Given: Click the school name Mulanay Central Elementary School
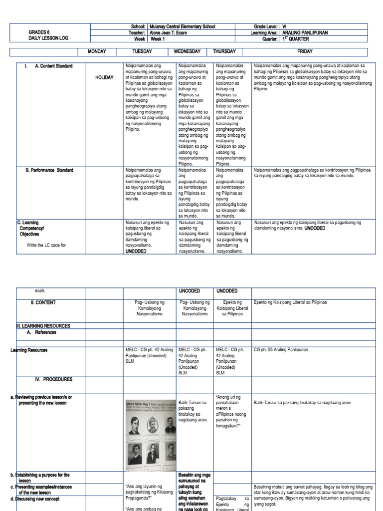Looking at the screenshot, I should click(183, 26).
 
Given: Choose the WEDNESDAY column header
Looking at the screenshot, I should click(187, 51).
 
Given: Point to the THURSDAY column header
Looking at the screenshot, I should click(224, 51).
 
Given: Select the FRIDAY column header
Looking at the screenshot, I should click(310, 51).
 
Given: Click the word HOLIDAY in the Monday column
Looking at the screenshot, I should click(104, 78).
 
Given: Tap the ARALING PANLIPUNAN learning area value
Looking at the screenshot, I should click(305, 32).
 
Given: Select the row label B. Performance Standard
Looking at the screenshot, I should click(49, 170).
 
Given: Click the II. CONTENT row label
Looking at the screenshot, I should click(43, 302).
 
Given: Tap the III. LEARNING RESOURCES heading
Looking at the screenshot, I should click(43, 326).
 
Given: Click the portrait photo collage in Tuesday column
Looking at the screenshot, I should click(150, 434).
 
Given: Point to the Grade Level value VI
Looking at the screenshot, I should click(284, 26).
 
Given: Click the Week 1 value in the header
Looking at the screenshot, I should click(157, 39).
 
